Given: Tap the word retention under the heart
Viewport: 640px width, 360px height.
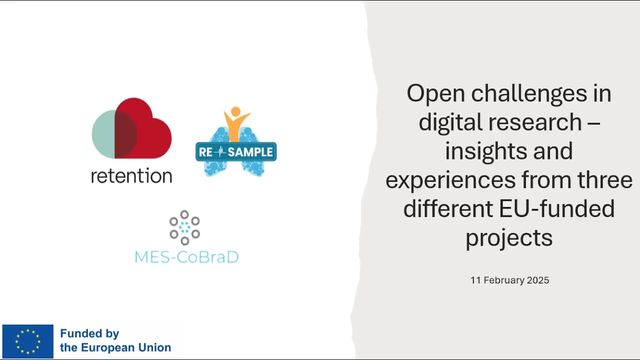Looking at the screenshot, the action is (x=131, y=176).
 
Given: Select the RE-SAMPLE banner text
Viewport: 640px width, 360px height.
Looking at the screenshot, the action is (x=236, y=152).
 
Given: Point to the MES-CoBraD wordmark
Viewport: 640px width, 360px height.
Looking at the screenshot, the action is (x=187, y=257).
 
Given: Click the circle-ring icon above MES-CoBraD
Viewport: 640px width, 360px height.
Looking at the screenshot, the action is (x=184, y=227).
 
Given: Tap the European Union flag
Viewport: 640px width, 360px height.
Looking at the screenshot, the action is (x=28, y=341).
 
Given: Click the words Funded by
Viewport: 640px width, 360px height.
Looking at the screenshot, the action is (x=89, y=334).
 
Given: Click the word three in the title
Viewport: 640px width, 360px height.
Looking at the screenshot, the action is (x=605, y=179).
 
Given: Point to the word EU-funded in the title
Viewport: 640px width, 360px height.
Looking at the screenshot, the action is (x=557, y=208).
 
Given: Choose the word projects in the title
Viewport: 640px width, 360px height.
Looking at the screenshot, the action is (x=509, y=238).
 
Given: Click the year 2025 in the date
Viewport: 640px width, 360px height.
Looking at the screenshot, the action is (x=538, y=280).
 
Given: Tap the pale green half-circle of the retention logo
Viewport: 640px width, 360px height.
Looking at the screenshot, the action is (x=103, y=134).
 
